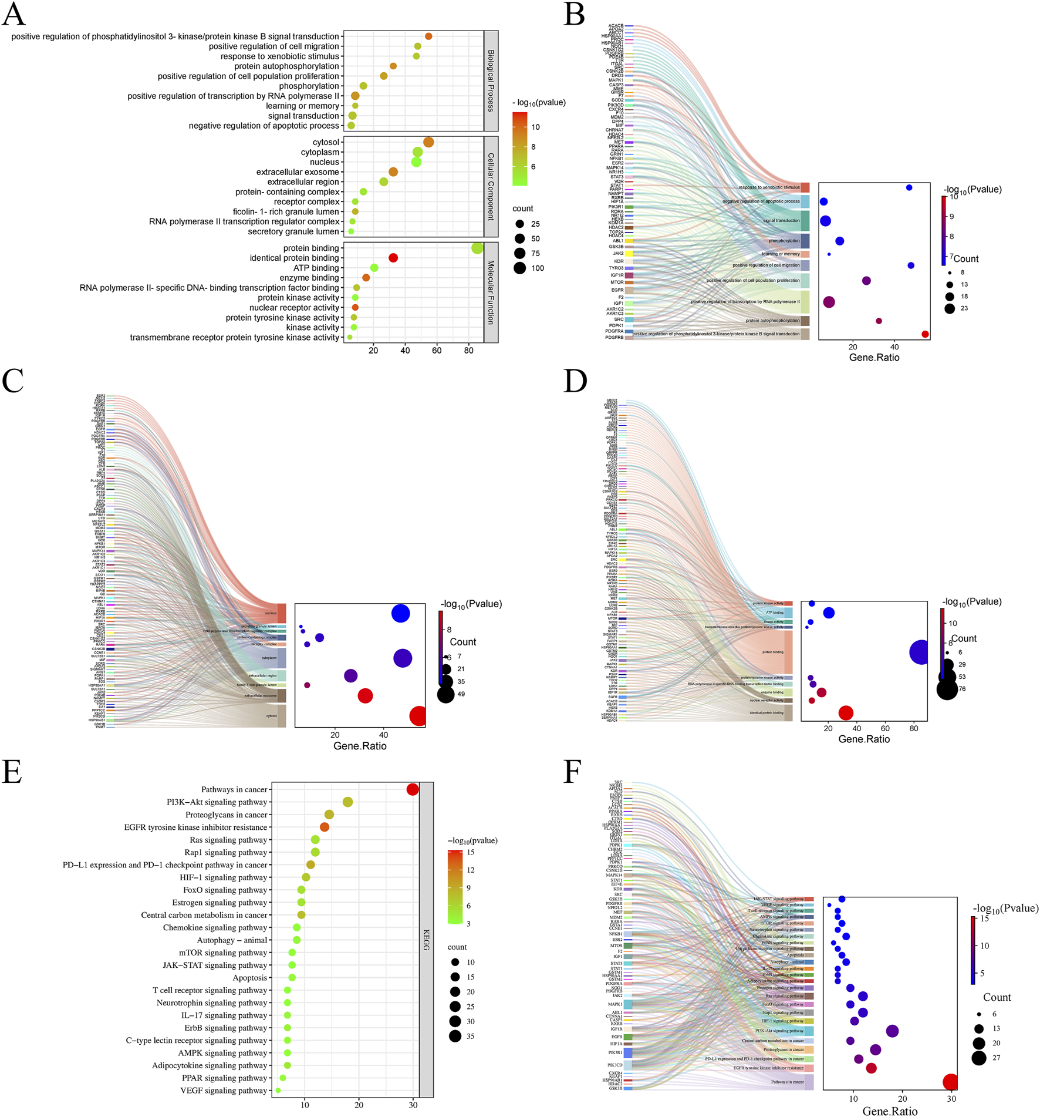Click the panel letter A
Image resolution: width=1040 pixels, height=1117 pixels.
click(13, 14)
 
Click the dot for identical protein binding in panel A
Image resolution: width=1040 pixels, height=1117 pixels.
click(393, 258)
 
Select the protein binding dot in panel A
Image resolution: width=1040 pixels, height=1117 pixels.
click(477, 248)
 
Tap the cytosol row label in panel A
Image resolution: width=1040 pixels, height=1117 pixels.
click(326, 142)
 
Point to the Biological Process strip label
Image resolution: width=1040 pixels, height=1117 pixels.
click(491, 81)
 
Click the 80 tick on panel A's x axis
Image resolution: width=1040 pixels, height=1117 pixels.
click(468, 351)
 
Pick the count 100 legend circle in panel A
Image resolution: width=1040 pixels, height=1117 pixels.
click(520, 268)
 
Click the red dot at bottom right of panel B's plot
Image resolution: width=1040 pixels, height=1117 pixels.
click(925, 334)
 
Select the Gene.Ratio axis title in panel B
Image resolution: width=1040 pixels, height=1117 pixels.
click(874, 358)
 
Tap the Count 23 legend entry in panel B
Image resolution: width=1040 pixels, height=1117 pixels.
click(950, 308)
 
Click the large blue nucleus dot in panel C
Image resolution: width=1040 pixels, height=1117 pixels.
click(400, 613)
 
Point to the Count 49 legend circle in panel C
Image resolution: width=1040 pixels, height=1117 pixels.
click(445, 694)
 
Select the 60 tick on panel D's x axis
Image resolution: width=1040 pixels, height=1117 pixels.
click(885, 728)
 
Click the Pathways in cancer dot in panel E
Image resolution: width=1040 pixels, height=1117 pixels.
click(413, 789)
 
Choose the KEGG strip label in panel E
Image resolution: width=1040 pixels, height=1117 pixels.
click(427, 939)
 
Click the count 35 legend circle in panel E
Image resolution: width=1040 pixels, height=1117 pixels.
click(455, 1036)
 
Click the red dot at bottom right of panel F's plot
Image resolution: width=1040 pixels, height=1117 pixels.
click(950, 1082)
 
